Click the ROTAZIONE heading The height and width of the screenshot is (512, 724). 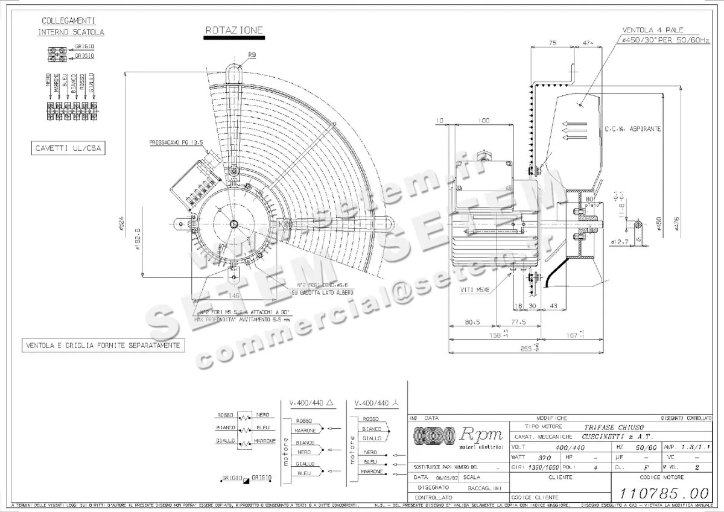[x=233, y=30]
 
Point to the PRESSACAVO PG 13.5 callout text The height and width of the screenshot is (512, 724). [x=176, y=143]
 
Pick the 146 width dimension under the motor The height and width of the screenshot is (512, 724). [x=234, y=296]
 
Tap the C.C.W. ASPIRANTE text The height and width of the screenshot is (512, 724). [x=633, y=129]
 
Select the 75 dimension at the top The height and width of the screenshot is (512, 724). [x=552, y=43]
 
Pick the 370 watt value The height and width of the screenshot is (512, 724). [x=545, y=457]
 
